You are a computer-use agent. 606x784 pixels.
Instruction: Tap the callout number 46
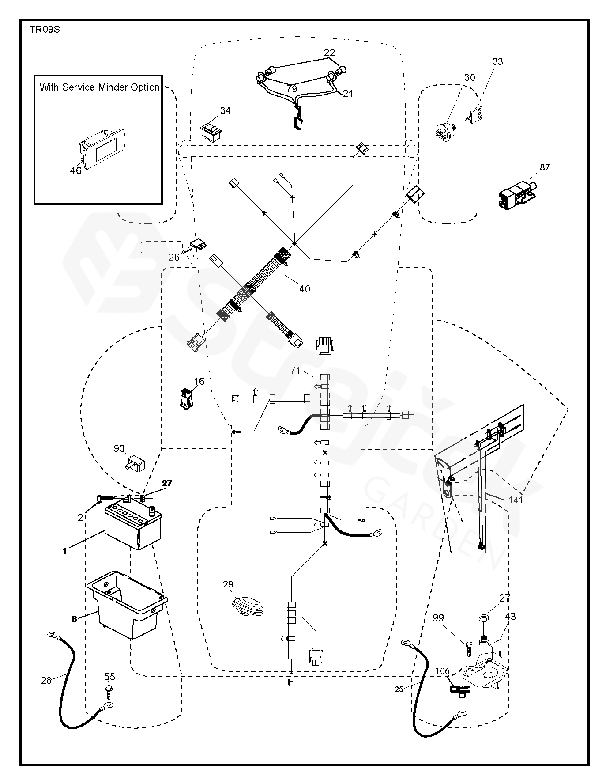point(76,170)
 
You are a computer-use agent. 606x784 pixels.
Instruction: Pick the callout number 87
point(545,167)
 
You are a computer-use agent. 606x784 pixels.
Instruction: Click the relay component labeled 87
point(517,193)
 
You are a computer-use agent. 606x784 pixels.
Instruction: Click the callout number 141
point(516,500)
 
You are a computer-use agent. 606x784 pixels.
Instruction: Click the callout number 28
point(46,681)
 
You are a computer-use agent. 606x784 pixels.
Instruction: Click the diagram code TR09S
point(45,30)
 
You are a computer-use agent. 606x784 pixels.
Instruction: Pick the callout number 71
point(295,371)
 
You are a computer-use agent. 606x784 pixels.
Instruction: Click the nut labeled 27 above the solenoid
point(482,617)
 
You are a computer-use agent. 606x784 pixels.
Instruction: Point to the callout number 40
point(305,289)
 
